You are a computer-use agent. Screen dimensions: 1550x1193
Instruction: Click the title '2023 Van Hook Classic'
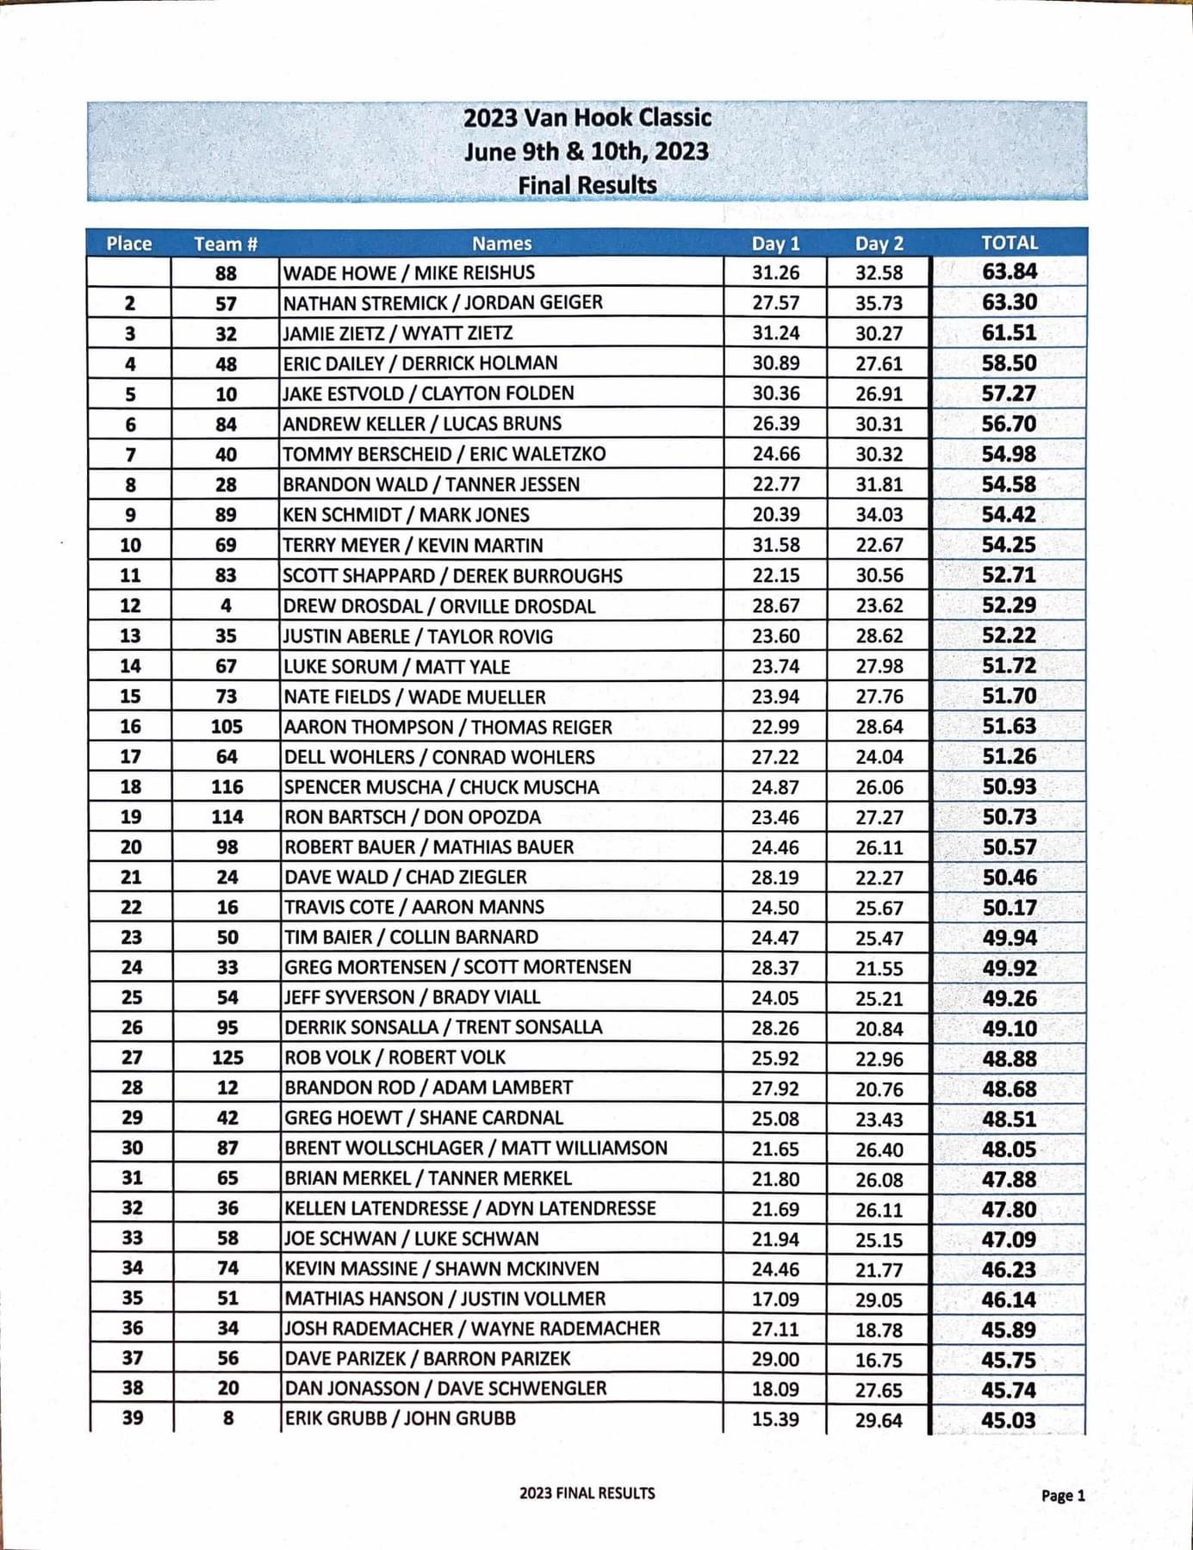[587, 118]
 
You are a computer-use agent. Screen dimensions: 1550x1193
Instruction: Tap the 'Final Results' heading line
[587, 185]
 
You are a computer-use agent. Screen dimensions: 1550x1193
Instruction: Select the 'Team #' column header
[226, 244]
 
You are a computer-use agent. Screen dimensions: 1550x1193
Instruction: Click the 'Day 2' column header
[879, 244]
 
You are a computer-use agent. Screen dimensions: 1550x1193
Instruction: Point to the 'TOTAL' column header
[1010, 243]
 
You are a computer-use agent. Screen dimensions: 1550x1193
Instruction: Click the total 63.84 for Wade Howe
[1010, 272]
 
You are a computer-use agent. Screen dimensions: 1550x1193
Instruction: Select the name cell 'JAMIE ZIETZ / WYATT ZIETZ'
[398, 333]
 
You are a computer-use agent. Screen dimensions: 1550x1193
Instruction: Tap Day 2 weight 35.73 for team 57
[879, 303]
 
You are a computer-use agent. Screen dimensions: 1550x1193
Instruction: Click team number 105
[227, 727]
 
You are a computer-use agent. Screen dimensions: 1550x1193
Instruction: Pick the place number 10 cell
[130, 545]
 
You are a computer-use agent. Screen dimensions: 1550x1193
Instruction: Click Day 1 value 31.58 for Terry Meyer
[775, 545]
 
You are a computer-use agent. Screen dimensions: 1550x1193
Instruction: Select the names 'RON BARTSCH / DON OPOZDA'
[413, 817]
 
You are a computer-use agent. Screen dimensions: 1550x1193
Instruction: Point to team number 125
[227, 1057]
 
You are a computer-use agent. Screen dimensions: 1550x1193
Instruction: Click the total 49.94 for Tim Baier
[1010, 938]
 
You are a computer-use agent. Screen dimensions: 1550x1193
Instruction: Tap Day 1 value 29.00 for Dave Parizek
[775, 1359]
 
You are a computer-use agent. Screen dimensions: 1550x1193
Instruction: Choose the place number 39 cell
[132, 1417]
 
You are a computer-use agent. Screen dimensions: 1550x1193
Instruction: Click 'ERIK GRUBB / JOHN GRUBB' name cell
[400, 1418]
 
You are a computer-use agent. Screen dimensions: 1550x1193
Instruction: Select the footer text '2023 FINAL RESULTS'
[587, 1493]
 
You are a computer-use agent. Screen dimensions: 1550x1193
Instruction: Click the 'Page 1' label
[1063, 1496]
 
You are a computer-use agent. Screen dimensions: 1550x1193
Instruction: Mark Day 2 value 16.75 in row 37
[879, 1360]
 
